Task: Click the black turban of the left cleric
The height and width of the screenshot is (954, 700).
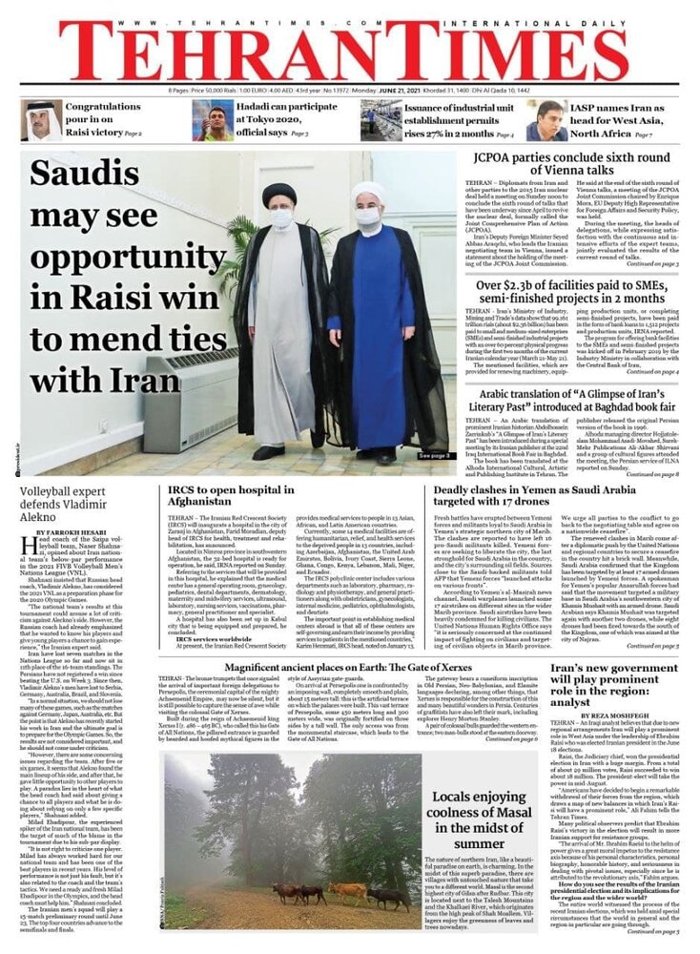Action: pos(279,194)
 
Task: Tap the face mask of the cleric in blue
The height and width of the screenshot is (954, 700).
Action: pos(367,218)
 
